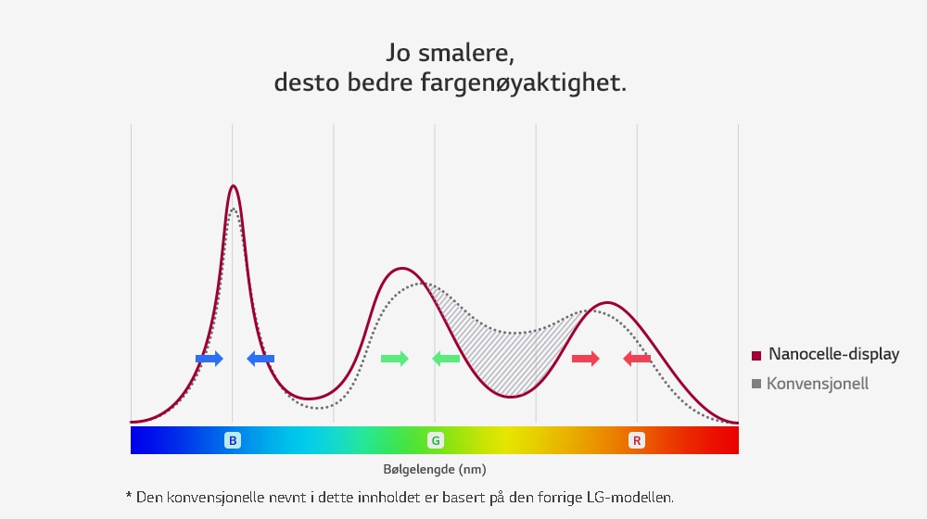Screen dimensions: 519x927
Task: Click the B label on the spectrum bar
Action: [x=232, y=440]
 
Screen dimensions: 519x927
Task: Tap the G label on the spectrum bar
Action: [x=435, y=440]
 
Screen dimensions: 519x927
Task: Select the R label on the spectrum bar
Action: [x=636, y=440]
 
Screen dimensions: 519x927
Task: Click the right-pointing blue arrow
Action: [x=210, y=359]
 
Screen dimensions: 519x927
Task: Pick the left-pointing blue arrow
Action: [x=260, y=359]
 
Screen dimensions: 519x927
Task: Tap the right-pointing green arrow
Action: [x=395, y=359]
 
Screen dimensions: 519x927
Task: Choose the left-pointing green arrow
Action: [x=446, y=359]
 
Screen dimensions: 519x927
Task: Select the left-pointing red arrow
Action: [x=637, y=359]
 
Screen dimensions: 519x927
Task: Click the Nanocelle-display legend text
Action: [x=833, y=355]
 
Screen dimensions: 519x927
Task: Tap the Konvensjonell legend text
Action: [x=818, y=383]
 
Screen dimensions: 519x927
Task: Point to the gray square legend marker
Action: [x=756, y=384]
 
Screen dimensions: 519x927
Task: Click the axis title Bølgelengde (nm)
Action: [x=435, y=470]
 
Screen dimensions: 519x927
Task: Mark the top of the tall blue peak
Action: [x=233, y=186]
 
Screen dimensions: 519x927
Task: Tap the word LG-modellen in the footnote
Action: [x=628, y=498]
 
